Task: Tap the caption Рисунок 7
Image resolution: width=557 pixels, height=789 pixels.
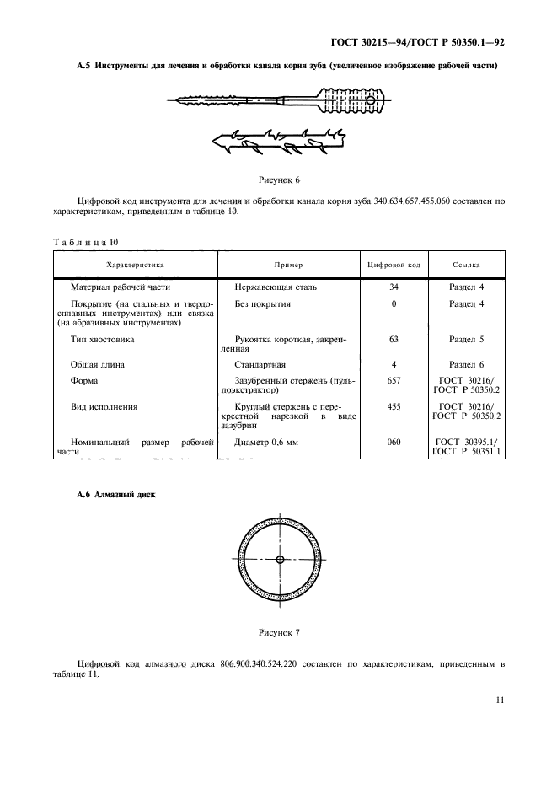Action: tap(278, 631)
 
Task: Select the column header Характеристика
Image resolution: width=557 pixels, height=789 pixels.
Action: tap(135, 265)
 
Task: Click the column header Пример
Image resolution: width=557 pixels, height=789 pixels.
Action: tap(288, 265)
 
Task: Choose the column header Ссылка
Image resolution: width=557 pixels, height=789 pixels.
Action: tap(466, 265)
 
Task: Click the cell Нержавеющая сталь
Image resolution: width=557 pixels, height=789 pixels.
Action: tap(276, 287)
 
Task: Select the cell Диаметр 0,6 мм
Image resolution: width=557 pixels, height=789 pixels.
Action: tap(266, 442)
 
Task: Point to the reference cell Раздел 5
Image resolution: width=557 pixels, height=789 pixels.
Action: tap(466, 339)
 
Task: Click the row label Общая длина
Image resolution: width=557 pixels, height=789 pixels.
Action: tap(99, 364)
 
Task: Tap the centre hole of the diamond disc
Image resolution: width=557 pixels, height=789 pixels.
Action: tap(280, 559)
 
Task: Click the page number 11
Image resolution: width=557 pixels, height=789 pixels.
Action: tap(500, 700)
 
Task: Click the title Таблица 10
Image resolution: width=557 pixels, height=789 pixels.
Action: tap(86, 242)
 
